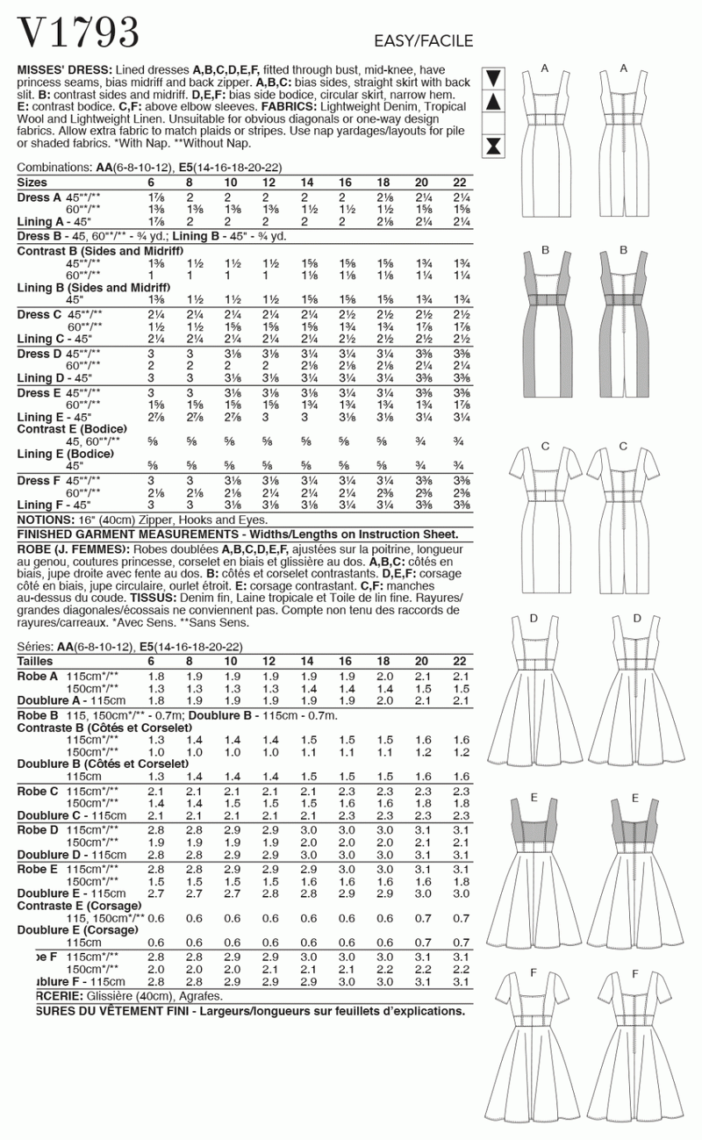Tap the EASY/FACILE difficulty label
tap(423, 41)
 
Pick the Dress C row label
tap(40, 314)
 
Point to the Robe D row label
tap(39, 829)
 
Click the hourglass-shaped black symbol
tap(494, 144)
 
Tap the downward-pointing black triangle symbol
tap(494, 77)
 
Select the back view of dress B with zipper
tap(622, 325)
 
